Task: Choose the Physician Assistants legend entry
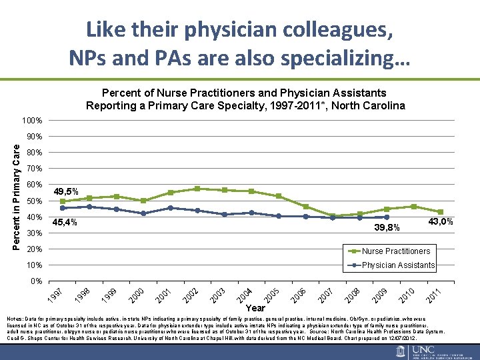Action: click(x=398, y=265)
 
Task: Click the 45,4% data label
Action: click(x=65, y=222)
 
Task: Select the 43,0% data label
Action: click(x=441, y=221)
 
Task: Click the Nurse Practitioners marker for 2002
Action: click(x=197, y=189)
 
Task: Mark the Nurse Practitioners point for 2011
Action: click(x=441, y=212)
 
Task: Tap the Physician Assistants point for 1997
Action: click(x=63, y=208)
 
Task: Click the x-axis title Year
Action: click(x=255, y=308)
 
